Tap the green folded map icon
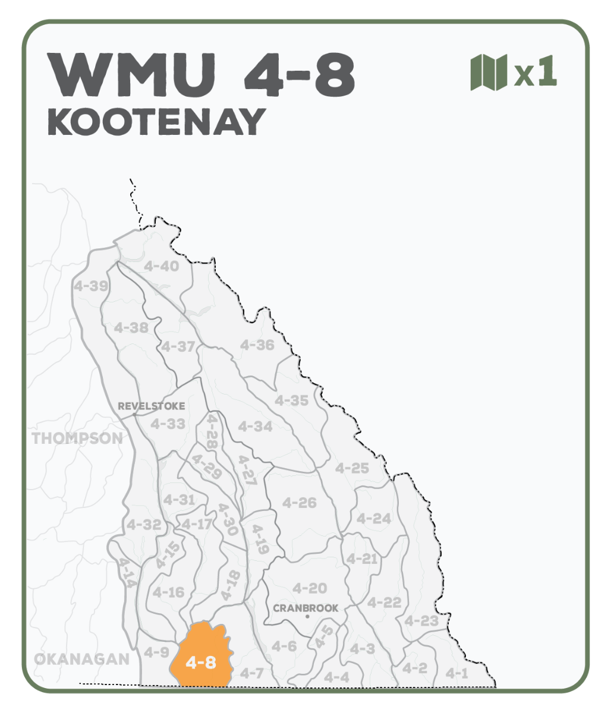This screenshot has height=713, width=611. [x=488, y=72]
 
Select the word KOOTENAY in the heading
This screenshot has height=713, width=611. [x=156, y=122]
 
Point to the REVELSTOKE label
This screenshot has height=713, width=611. [x=151, y=406]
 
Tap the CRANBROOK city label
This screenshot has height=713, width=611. [x=305, y=608]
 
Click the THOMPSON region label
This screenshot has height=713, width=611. [x=77, y=438]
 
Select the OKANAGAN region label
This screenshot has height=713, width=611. [x=81, y=659]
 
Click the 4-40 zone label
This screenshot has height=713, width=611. [x=161, y=266]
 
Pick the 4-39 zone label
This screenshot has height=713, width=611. [x=91, y=286]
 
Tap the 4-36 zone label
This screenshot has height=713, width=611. [x=257, y=345]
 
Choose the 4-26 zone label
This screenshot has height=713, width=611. [x=299, y=503]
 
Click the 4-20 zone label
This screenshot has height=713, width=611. [x=310, y=588]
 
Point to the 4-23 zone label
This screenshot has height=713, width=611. [x=421, y=621]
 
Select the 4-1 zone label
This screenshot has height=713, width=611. [x=457, y=673]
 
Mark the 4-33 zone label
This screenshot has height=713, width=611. [x=168, y=424]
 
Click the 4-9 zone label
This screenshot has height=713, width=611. [x=156, y=652]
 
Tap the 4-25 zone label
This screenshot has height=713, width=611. [x=352, y=468]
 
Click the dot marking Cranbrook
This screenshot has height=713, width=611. [x=307, y=617]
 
